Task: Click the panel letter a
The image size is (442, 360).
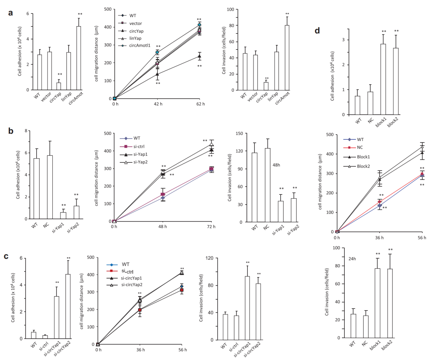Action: [x=11, y=13]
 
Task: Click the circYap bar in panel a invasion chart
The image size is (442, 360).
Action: [x=266, y=86]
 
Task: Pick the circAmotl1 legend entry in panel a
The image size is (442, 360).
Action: [x=139, y=46]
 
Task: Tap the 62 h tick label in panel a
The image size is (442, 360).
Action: [x=200, y=104]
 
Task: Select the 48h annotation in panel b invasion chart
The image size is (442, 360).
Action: [x=276, y=165]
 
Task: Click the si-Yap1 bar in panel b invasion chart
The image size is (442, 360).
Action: [x=281, y=212]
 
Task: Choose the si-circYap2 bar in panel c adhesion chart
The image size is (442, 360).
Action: [x=68, y=306]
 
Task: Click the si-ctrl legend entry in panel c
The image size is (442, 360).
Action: [x=128, y=271]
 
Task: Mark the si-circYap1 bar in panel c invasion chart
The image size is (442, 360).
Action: [x=247, y=308]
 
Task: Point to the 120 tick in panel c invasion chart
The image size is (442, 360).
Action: [x=209, y=258]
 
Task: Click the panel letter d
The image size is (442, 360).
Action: [x=317, y=31]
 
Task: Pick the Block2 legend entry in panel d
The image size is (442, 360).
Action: [x=363, y=166]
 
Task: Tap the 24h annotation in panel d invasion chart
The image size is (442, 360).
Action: [x=352, y=259]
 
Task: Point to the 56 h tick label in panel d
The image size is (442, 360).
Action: [x=422, y=238]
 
